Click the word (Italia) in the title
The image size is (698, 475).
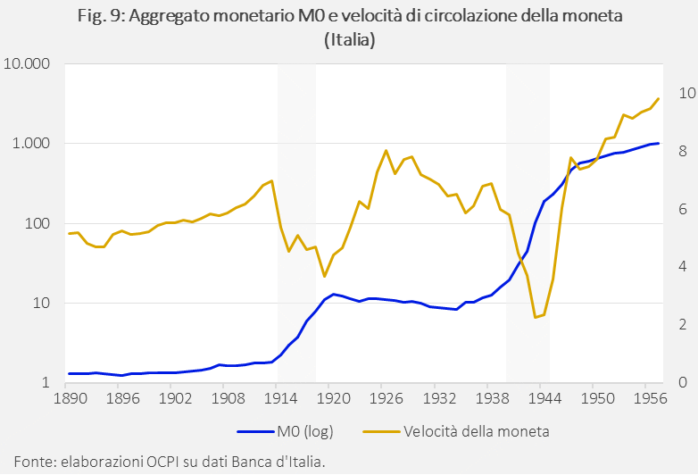coord(348,39)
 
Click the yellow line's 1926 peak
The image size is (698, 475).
coord(385,151)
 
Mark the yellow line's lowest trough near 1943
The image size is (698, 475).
coord(535,317)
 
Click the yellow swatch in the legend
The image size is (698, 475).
coord(380,431)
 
